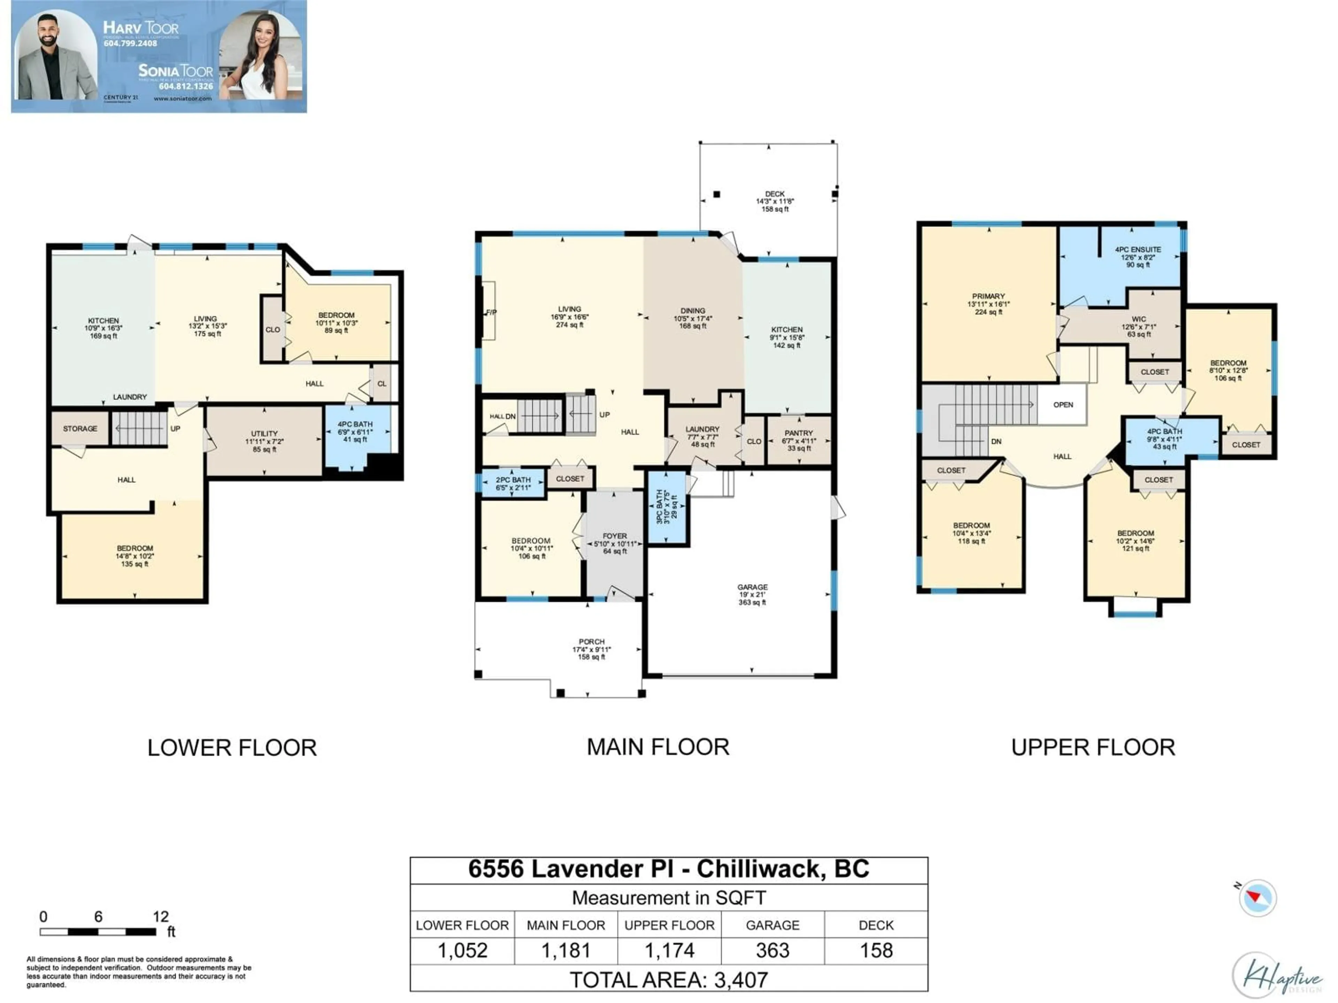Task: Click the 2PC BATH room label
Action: [513, 480]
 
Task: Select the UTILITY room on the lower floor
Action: [264, 434]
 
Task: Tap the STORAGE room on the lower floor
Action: [80, 429]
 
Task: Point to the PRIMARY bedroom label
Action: [989, 297]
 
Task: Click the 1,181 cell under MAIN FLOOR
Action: [566, 951]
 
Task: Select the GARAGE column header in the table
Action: [772, 926]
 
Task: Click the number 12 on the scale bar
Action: [160, 917]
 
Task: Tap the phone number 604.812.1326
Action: [186, 86]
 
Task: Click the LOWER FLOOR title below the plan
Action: [232, 748]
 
